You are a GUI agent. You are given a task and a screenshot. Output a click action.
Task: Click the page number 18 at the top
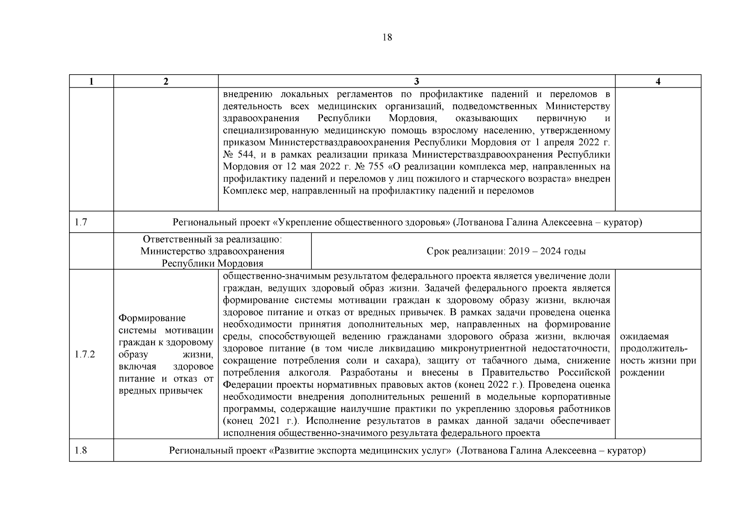387,37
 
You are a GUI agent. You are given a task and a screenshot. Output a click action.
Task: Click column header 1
91,81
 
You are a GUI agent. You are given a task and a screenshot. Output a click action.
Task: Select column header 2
165,81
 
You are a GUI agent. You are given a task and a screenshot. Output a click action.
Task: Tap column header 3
416,81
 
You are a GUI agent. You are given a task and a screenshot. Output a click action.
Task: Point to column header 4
658,81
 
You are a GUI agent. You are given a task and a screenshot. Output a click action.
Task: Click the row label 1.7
81,222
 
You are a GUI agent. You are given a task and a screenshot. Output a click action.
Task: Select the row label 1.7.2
85,354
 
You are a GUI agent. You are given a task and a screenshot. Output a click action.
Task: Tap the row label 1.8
81,450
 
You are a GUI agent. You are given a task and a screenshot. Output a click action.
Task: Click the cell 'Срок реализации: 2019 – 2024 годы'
506,251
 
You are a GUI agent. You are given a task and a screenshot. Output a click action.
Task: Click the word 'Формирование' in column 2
152,318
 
